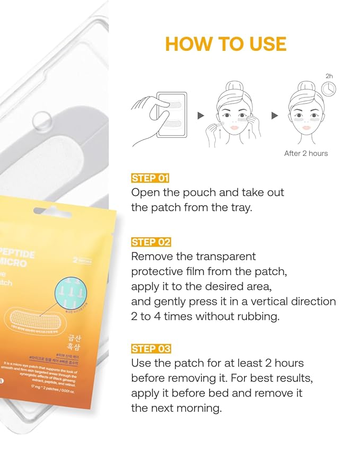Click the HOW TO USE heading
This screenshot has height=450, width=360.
click(x=225, y=43)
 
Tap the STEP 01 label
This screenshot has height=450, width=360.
click(x=150, y=178)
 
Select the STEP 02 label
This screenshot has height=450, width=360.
click(x=151, y=242)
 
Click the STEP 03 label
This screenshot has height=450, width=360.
click(x=151, y=349)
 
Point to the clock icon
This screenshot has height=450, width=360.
click(x=329, y=89)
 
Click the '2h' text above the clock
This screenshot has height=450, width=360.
click(x=330, y=76)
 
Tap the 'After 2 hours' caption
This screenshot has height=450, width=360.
click(x=306, y=154)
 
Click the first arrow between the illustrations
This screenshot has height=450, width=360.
click(x=201, y=116)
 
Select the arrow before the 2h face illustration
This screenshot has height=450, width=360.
click(x=275, y=116)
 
